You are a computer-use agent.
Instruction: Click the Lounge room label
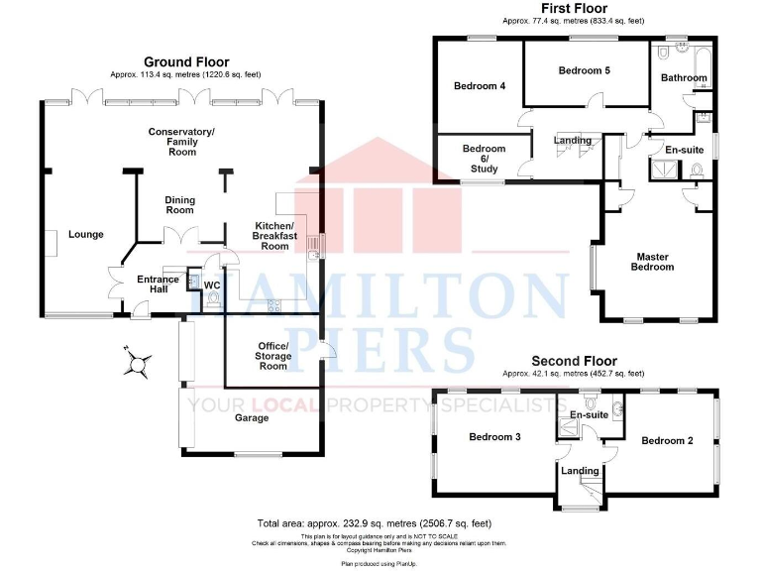86,235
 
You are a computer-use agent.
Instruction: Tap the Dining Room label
179,205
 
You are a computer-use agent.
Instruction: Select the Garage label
252,417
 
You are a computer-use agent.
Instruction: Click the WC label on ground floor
211,285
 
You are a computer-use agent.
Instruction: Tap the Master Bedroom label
654,262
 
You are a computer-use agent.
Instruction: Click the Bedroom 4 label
480,86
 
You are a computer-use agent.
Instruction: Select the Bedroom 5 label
584,70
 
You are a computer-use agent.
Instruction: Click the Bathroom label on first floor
684,77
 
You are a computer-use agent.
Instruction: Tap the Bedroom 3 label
495,437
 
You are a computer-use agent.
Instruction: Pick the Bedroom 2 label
666,440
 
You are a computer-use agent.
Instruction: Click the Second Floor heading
574,361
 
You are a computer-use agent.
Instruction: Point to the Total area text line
374,522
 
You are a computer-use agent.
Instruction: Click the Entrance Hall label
159,285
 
